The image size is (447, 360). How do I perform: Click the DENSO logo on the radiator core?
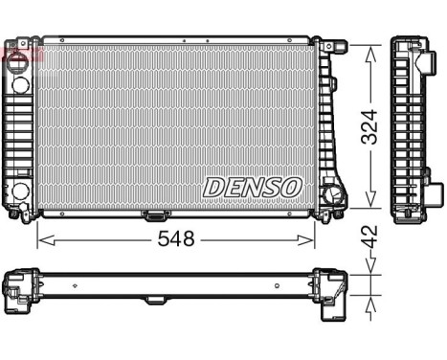[x=254, y=186]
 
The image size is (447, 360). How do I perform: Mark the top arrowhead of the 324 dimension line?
[x=369, y=47]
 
